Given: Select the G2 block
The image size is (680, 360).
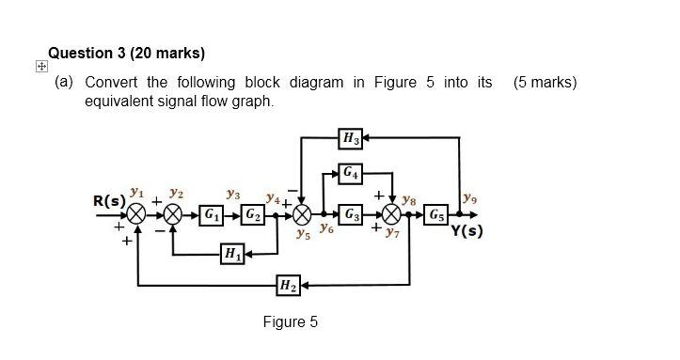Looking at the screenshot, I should click(251, 214).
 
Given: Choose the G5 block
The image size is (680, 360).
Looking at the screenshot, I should click(437, 214).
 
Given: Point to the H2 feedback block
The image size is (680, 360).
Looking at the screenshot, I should click(289, 285).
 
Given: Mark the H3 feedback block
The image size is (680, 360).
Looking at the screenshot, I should click(352, 141).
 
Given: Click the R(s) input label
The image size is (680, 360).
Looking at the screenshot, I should click(108, 201).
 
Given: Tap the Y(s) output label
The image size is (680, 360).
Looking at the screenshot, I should click(468, 230).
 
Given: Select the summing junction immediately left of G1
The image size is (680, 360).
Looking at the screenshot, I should click(174, 214).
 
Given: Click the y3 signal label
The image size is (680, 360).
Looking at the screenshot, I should click(230, 196).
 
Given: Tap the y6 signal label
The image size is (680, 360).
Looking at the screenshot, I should click(325, 227).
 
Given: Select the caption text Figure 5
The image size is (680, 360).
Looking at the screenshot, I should click(290, 322).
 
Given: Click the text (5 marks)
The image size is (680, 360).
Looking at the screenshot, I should click(546, 83).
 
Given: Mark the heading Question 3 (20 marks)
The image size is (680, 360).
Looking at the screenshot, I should click(126, 52).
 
